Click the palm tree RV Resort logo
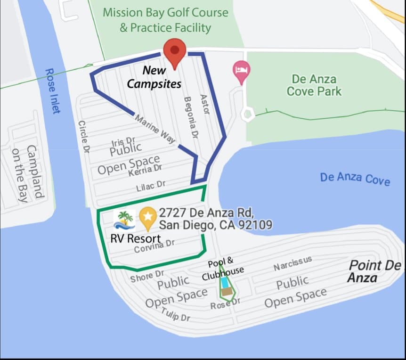[124, 220]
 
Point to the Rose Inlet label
[53, 91]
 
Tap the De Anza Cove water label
[355, 179]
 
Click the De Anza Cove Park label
[314, 85]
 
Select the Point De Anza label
[374, 271]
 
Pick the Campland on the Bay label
[26, 173]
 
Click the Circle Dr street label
[84, 137]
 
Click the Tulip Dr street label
[175, 314]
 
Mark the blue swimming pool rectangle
[226, 283]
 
